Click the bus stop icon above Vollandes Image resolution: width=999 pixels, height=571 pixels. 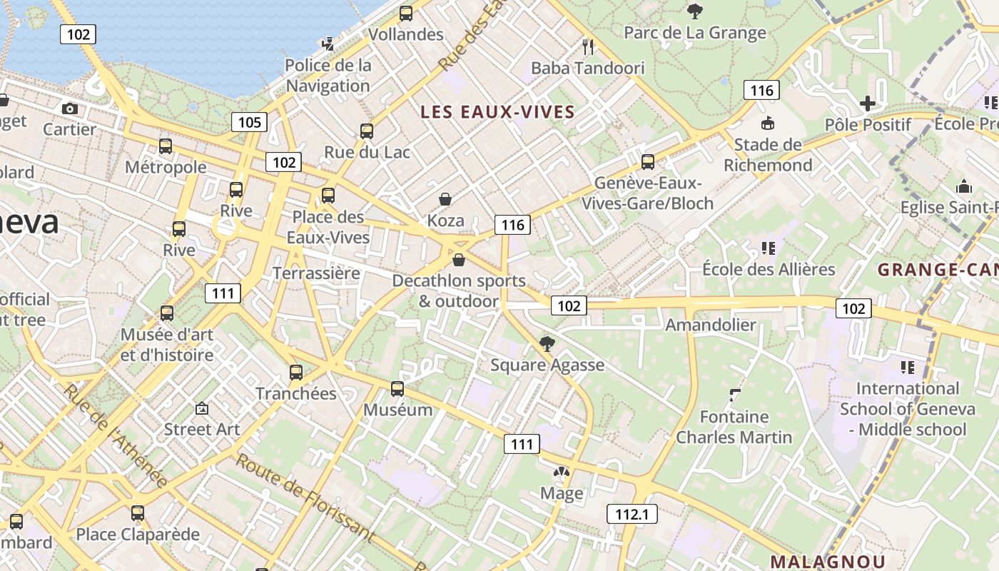[x=406, y=13]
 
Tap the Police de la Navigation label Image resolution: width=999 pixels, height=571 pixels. [x=328, y=76]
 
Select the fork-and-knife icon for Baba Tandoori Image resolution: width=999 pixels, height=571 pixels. [x=588, y=47]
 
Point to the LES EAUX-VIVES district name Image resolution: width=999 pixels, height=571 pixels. [x=497, y=112]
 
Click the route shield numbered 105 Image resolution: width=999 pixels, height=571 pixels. [x=249, y=122]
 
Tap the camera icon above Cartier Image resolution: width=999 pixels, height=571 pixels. [x=70, y=108]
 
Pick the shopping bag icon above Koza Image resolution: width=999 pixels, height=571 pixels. [x=445, y=199]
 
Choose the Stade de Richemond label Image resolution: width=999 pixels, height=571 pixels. [x=768, y=155]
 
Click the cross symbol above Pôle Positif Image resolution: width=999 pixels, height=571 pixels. [x=868, y=103]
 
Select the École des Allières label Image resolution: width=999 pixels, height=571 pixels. [x=769, y=269]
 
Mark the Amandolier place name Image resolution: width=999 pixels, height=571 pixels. [x=710, y=325]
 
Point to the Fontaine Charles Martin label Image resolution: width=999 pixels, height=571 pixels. [x=734, y=427]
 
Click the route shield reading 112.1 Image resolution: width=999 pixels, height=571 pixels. [x=632, y=513]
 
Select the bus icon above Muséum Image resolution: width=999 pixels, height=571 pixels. [x=397, y=389]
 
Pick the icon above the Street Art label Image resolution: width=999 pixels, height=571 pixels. [x=202, y=409]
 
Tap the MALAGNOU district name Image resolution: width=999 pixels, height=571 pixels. [x=828, y=561]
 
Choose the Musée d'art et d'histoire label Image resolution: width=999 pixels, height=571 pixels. [x=167, y=345]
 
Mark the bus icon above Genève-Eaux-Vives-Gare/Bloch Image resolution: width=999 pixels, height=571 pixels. [x=648, y=162]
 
